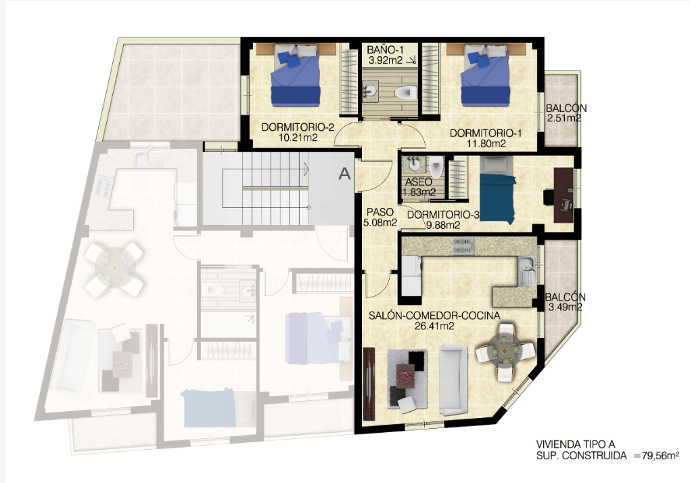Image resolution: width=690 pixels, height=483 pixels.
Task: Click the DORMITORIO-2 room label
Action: tap(298, 127)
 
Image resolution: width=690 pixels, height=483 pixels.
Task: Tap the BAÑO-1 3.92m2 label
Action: tap(385, 55)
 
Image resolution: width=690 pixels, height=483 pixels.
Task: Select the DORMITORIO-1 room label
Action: tap(486, 133)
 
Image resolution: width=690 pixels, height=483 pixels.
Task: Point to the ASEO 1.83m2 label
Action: tap(419, 187)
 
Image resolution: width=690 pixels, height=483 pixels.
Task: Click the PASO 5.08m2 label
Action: tap(380, 217)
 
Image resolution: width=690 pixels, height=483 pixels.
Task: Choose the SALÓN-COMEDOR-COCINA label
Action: tap(434, 316)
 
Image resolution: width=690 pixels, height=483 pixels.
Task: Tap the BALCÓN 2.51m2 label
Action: tap(566, 113)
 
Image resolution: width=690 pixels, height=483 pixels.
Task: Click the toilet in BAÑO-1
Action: tap(406, 93)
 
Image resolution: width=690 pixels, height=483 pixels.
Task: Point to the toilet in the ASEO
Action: tap(436, 168)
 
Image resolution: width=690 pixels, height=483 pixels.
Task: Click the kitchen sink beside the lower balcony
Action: tap(526, 270)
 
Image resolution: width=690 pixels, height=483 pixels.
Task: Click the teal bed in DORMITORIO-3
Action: tap(497, 198)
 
